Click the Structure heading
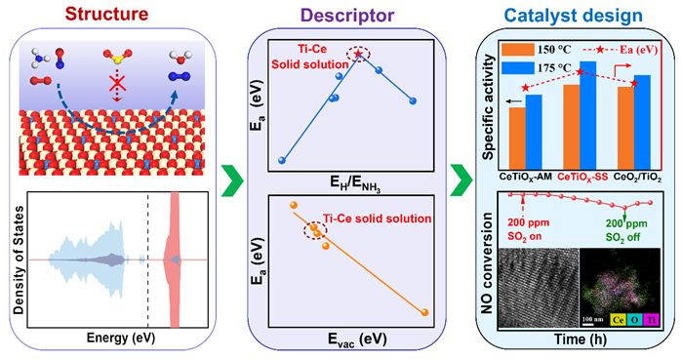click(x=106, y=14)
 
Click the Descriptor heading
click(x=347, y=15)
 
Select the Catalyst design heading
click(x=573, y=16)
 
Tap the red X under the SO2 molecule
click(x=117, y=82)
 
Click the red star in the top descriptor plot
click(x=358, y=54)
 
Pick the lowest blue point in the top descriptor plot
click(x=281, y=160)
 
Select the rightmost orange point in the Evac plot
click(x=425, y=312)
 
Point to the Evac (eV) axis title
click(x=357, y=340)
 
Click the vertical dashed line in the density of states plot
click(x=148, y=260)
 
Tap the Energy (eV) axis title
click(x=121, y=338)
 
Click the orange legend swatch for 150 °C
click(x=517, y=50)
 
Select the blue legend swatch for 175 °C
click(x=517, y=68)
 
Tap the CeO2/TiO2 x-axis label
click(x=637, y=178)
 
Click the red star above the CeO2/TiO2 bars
click(x=634, y=83)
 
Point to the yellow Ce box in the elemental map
click(x=618, y=320)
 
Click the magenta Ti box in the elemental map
click(x=651, y=320)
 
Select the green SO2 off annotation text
click(x=626, y=230)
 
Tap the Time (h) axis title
click(x=581, y=340)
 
